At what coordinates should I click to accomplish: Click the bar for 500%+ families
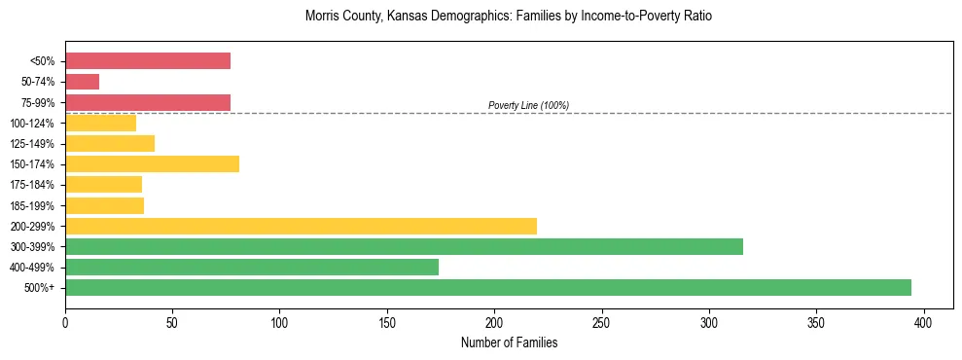(487, 287)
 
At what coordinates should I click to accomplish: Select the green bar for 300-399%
(404, 246)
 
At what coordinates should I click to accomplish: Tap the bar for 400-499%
(252, 267)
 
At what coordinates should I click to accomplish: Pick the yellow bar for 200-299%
(301, 226)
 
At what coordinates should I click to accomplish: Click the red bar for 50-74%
(82, 82)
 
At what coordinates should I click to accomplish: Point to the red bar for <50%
(148, 61)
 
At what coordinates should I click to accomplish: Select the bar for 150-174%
(152, 163)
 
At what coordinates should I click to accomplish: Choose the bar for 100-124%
(100, 123)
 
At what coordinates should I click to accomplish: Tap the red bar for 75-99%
(148, 102)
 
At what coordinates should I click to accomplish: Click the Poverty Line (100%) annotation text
(528, 105)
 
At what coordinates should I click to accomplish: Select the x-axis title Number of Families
(509, 342)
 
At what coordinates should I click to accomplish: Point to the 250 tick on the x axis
(601, 321)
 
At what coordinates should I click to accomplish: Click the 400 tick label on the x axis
(923, 321)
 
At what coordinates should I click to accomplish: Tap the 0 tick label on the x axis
(65, 321)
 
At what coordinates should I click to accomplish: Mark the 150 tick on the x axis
(387, 321)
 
